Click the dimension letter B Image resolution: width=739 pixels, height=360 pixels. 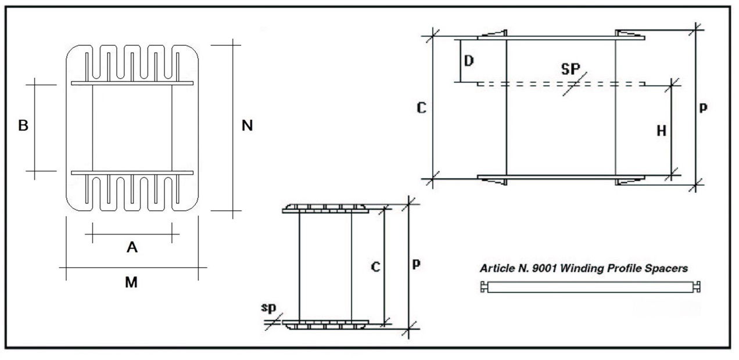(23, 125)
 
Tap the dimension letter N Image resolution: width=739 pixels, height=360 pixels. (247, 125)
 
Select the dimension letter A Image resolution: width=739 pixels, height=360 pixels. (132, 247)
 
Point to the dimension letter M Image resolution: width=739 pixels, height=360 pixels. (131, 282)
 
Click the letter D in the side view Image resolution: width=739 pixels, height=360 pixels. (469, 60)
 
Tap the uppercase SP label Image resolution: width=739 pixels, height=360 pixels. (571, 69)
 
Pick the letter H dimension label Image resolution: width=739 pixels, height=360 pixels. (661, 131)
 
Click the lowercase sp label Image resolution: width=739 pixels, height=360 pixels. (268, 308)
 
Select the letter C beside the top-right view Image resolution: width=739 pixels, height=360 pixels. (422, 108)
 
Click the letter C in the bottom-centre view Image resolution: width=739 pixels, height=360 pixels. (375, 267)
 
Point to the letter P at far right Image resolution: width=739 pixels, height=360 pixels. (703, 107)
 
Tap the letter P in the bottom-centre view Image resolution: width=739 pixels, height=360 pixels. (417, 264)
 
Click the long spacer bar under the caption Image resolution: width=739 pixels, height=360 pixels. (590, 287)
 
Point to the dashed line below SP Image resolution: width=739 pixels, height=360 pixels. (561, 84)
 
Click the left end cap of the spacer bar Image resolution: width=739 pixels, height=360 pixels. (484, 287)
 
